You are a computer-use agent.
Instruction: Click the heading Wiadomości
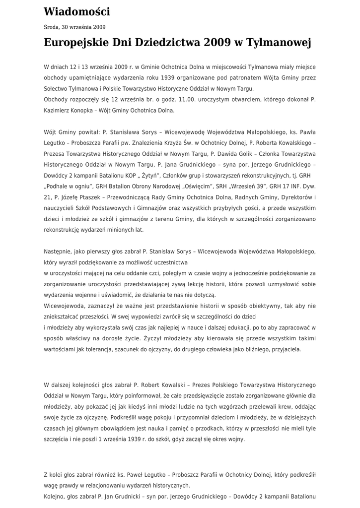tap(77, 11)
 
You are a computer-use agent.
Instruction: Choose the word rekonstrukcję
tap(64, 230)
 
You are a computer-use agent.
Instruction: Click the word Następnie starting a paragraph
tap(60, 252)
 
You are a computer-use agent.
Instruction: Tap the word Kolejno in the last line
tap(55, 496)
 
